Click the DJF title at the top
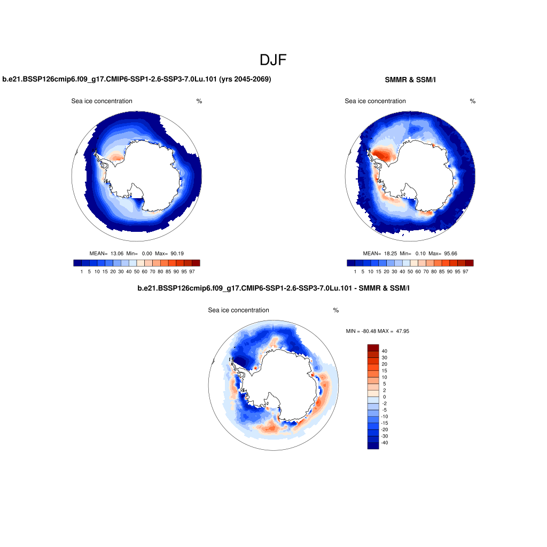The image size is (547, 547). coord(273,60)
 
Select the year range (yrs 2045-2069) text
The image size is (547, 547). coord(245,80)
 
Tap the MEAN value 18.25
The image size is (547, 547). coord(392,253)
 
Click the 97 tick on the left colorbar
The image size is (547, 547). coord(192,271)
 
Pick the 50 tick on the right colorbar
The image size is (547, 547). coord(410,271)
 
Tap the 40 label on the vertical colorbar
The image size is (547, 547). coord(385,351)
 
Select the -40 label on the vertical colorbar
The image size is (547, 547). coord(384,443)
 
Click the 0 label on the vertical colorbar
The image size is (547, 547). coord(384,397)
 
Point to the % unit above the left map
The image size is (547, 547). coord(199,101)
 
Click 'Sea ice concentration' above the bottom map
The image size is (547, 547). coord(238,310)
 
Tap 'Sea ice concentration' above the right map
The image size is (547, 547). coord(375,101)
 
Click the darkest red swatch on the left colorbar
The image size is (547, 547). coord(196,263)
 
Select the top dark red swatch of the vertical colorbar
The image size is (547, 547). coord(373,348)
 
